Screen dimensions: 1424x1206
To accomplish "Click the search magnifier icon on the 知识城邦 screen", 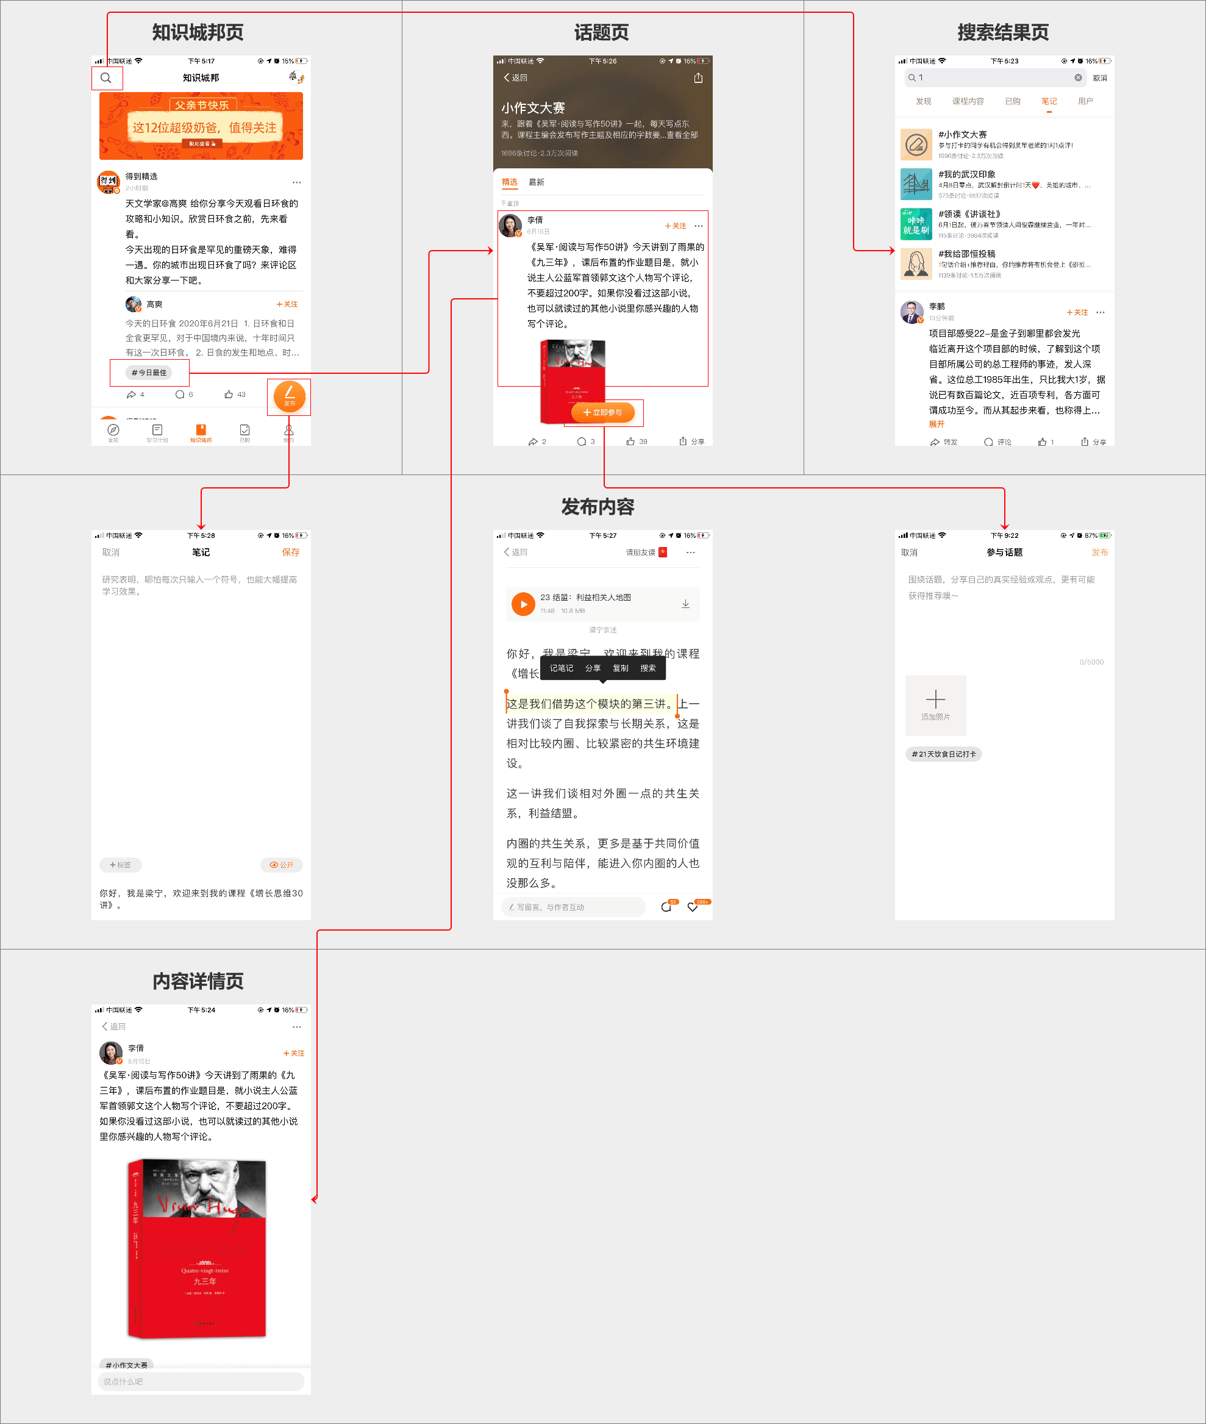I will (106, 78).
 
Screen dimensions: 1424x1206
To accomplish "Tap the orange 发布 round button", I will (289, 396).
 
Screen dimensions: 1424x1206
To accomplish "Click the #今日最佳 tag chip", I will (149, 373).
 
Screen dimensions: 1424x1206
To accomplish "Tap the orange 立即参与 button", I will (602, 412).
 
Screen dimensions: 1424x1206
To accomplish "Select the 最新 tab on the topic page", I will (537, 182).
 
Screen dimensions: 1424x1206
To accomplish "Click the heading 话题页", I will (601, 32).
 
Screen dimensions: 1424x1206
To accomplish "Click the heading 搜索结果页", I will (1002, 32).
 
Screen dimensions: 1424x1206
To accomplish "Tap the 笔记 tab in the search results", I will (1049, 101).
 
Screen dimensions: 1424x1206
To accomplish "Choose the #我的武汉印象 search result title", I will (967, 174).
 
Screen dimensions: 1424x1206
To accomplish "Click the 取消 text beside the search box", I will (1099, 78).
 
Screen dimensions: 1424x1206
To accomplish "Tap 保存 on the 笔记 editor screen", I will (291, 552).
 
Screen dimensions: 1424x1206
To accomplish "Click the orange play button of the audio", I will (523, 604).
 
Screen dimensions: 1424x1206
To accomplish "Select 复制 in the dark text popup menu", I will (620, 668).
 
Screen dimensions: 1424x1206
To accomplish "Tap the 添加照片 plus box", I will (935, 704).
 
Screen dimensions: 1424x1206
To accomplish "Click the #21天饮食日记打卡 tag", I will (943, 754).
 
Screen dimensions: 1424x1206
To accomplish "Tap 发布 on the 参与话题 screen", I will (1099, 552).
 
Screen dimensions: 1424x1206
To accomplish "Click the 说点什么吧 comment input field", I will (201, 1381).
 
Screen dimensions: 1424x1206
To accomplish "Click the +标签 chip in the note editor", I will (120, 865).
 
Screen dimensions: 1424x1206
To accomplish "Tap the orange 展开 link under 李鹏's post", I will (937, 424).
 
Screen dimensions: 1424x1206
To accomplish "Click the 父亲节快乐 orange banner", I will (201, 126).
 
